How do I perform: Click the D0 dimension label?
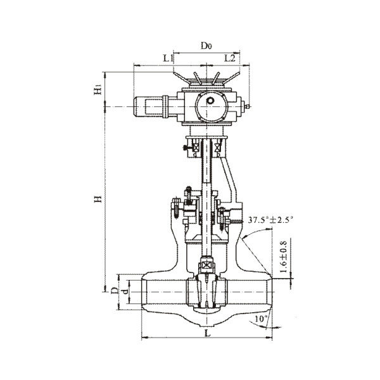pyautogui.click(x=206, y=46)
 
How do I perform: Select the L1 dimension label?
pyautogui.click(x=168, y=58)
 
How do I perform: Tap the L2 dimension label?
pyautogui.click(x=230, y=58)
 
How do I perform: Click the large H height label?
pyautogui.click(x=98, y=199)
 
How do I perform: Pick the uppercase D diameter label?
pyautogui.click(x=114, y=290)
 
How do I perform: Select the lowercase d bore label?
pyautogui.click(x=125, y=291)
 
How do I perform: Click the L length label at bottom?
pyautogui.click(x=208, y=333)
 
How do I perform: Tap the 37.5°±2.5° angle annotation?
pyautogui.click(x=270, y=220)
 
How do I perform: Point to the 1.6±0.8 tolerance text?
pyautogui.click(x=283, y=257)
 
